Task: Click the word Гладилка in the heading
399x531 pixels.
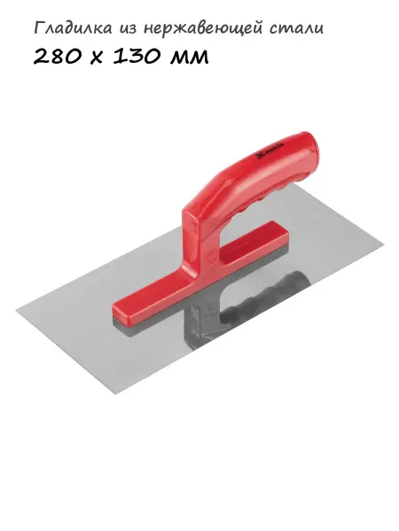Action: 73,28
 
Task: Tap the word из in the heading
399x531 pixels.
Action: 128,30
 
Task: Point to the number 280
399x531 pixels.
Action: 58,56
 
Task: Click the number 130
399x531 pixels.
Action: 137,56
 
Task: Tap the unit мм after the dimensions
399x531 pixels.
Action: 189,58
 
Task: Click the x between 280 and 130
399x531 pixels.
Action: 97,58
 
